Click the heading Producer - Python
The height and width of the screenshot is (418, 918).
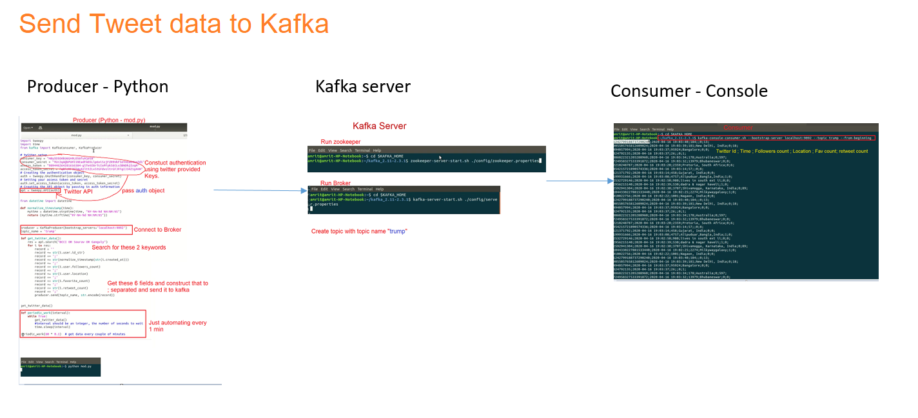(x=97, y=86)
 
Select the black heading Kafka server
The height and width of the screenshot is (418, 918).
(x=363, y=86)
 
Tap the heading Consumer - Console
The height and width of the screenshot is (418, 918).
(x=689, y=91)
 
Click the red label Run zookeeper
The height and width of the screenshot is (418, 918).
(x=341, y=141)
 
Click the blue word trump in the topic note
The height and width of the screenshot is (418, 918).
(x=398, y=231)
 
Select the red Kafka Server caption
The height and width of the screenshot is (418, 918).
(x=380, y=126)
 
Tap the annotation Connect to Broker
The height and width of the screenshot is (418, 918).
(x=158, y=230)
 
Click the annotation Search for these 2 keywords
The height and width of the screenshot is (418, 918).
(x=129, y=247)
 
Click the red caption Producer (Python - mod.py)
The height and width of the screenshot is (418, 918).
(x=109, y=120)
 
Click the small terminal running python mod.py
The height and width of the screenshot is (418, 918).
(x=60, y=367)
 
